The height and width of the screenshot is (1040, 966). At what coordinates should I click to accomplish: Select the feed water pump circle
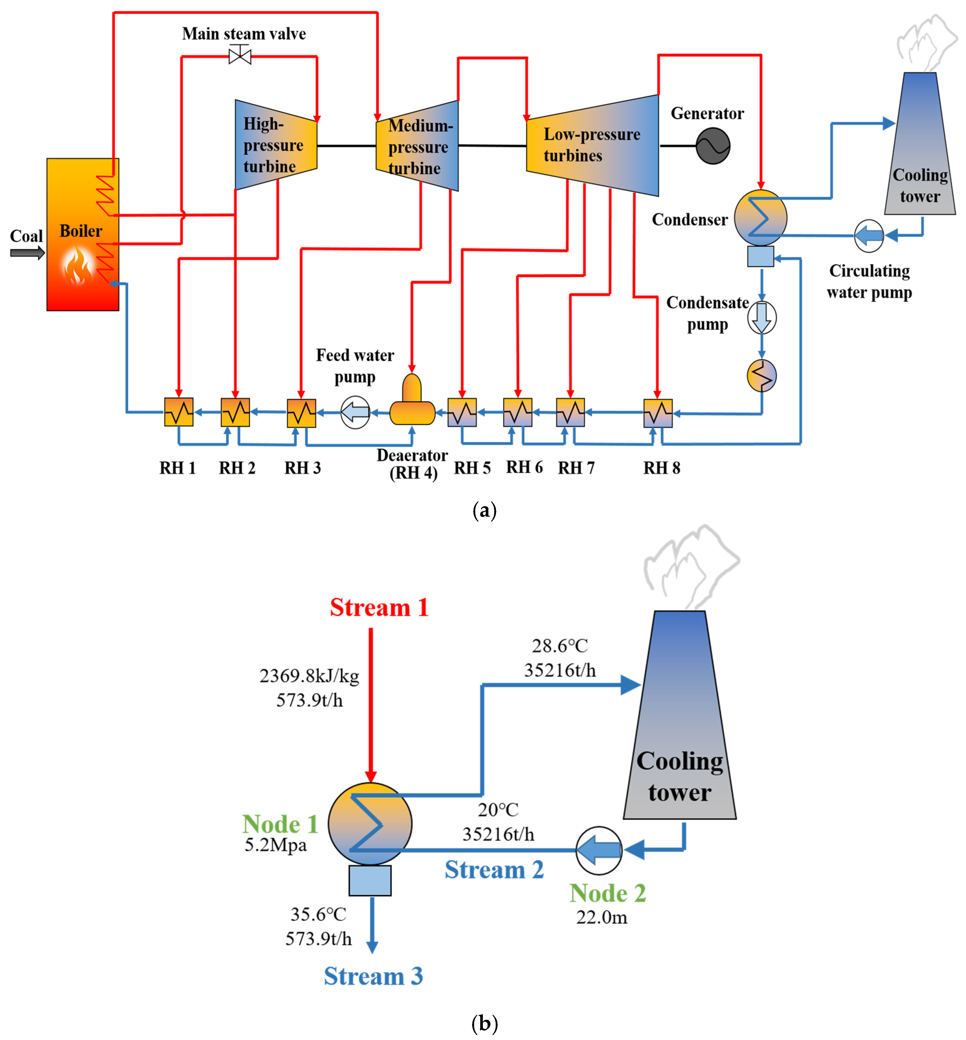coord(355,412)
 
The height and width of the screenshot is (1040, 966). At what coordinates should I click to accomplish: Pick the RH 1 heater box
coord(179,412)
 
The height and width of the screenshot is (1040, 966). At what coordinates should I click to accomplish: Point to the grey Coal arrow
coord(27,253)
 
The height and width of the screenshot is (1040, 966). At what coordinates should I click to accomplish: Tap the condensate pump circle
coord(761,317)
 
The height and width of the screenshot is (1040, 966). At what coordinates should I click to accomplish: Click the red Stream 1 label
coord(379,607)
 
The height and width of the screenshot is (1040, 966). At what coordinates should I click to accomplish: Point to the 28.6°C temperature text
coord(560,646)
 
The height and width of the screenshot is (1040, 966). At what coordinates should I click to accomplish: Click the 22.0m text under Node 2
coord(602,917)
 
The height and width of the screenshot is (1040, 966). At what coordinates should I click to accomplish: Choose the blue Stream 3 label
coord(373,976)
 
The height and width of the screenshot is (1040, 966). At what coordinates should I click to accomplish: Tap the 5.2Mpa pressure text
coord(275,845)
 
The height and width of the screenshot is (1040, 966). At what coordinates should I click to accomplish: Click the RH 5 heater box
coord(462,413)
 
